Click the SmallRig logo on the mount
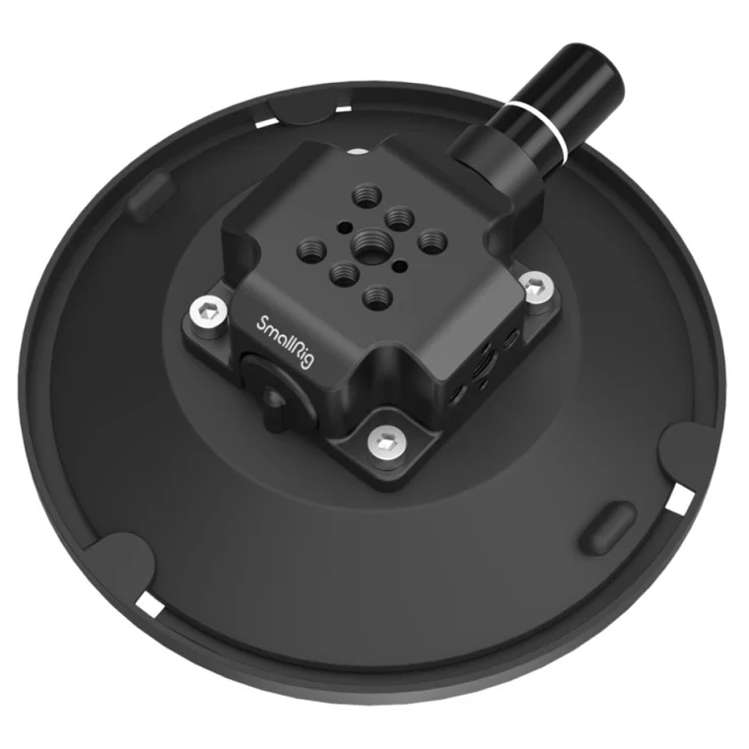click(x=286, y=341)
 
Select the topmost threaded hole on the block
click(x=367, y=195)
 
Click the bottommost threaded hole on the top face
click(x=377, y=297)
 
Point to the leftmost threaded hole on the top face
click(x=311, y=249)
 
